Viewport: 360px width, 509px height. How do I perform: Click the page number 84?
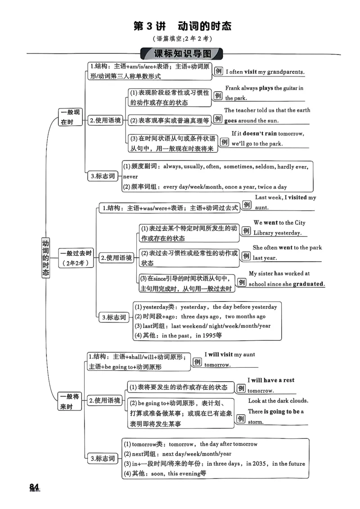pos(35,487)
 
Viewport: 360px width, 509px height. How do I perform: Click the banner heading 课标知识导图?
pos(182,54)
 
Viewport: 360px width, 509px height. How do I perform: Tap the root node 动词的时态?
pos(46,258)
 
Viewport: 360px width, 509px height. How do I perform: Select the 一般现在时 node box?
pos(70,117)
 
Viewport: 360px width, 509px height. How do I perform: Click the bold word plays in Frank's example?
pos(266,88)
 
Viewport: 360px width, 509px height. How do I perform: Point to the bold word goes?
pos(230,121)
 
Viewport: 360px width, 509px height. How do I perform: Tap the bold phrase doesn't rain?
pos(260,134)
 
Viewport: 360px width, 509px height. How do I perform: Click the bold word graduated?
pos(308,284)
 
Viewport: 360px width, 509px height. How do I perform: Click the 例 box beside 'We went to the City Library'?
pos(246,231)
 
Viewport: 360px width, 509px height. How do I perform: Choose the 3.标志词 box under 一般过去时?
pos(114,317)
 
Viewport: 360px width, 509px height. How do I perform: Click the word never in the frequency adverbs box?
pos(130,177)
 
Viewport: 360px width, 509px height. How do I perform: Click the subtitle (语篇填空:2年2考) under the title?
pos(182,39)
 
